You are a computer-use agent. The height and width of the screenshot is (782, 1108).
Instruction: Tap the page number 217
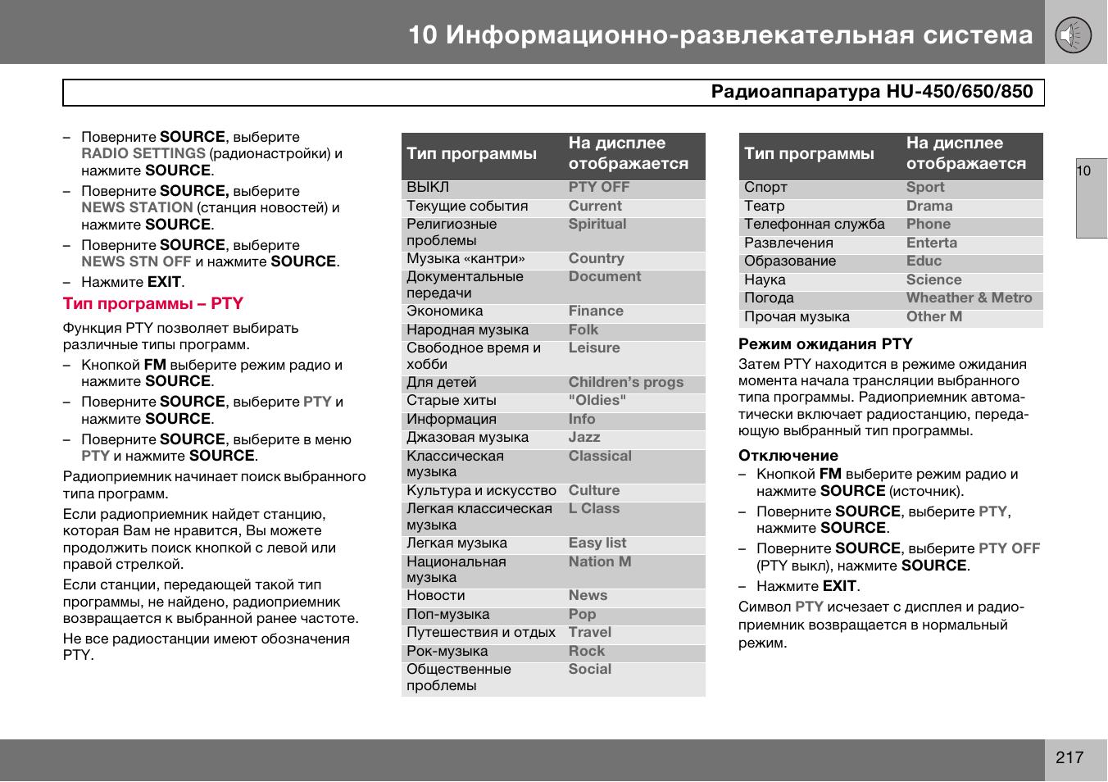coord(1069,757)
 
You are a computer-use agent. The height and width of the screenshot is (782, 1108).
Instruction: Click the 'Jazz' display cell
coord(584,438)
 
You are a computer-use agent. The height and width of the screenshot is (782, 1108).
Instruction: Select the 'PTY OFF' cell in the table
coord(599,187)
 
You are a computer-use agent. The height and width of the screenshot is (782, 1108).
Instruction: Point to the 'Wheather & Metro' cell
coord(969,298)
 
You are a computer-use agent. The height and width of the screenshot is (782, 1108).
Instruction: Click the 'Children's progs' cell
coord(625,383)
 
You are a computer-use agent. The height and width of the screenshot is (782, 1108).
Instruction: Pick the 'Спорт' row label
coord(765,187)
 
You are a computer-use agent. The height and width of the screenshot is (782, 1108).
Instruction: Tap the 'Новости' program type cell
coord(436,596)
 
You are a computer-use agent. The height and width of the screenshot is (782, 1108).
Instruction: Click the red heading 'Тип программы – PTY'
coord(153,303)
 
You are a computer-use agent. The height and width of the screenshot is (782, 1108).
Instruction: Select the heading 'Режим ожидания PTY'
coord(825,344)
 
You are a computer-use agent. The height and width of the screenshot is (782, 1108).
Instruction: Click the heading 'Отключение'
coord(788,456)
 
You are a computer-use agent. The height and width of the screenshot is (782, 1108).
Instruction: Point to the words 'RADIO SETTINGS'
coord(143,153)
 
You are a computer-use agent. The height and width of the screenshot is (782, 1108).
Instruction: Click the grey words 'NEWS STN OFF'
coord(136,261)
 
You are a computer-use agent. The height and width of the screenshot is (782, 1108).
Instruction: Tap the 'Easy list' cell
coord(597,543)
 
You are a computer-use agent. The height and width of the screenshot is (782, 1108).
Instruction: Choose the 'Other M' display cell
coord(933,317)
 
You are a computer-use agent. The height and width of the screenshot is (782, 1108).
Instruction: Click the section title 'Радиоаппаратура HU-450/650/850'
coord(871,92)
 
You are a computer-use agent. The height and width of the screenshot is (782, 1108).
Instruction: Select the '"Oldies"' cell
coord(597,401)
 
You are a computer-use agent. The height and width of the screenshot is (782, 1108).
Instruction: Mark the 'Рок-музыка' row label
coord(447,652)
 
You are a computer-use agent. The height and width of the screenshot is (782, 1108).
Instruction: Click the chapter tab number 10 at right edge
coord(1083,171)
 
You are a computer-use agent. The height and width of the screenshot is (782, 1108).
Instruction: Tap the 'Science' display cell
coord(933,280)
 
